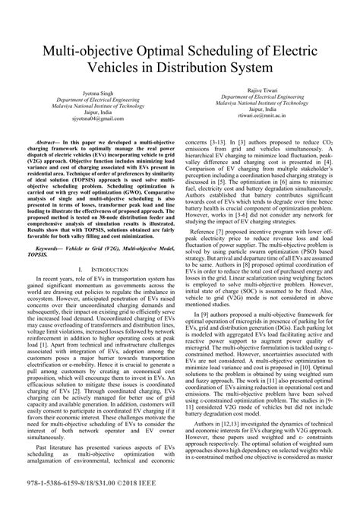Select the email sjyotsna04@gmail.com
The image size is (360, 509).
96,119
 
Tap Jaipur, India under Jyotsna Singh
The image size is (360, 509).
96,112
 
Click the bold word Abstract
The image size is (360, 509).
49,142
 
